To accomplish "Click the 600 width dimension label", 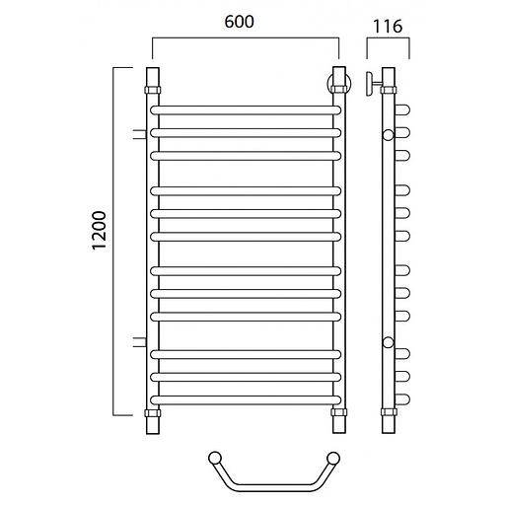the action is [239, 22].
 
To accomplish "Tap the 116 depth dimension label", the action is [388, 27].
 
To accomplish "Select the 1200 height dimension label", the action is [100, 231].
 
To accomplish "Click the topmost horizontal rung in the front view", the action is [246, 110].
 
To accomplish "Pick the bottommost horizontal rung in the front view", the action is [246, 400].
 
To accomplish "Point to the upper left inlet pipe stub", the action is [139, 134].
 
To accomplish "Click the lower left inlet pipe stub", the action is [139, 342].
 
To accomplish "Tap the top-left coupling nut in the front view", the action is [153, 90].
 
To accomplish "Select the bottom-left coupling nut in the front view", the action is [153, 413].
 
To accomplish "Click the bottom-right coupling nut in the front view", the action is [339, 412].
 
